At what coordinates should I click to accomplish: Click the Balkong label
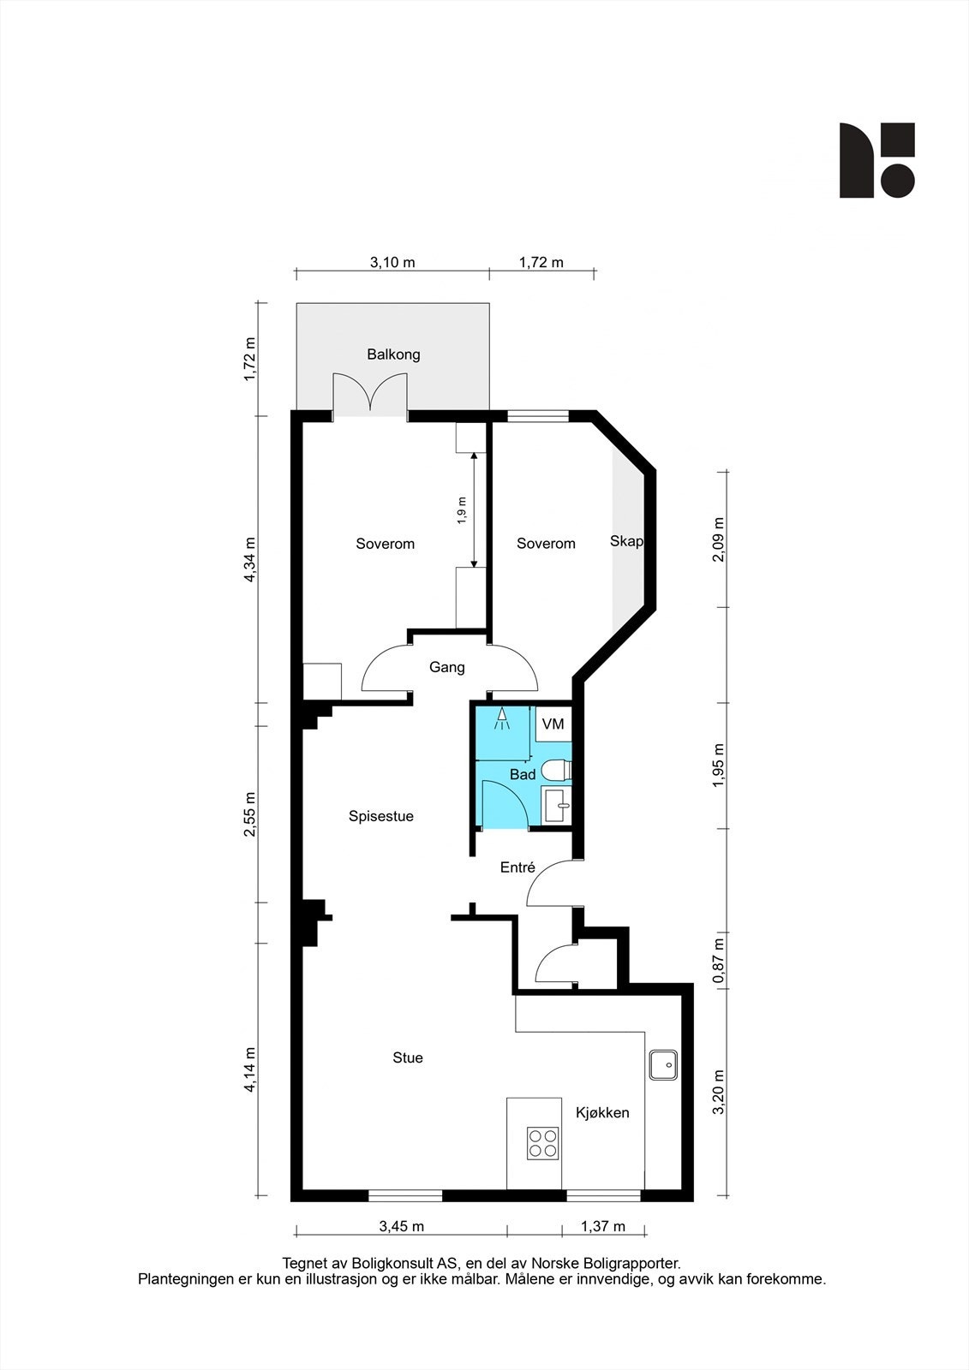coord(393,354)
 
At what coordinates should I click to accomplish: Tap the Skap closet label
coord(626,541)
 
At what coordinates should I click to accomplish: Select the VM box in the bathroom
coord(553,724)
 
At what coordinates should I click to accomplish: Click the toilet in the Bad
coord(556,770)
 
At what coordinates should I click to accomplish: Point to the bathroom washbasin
coord(557,806)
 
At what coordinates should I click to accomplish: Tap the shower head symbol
coord(502,718)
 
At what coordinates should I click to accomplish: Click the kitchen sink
coord(663,1065)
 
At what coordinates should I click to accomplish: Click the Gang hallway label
coord(447,667)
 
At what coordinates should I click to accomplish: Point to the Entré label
coord(517,867)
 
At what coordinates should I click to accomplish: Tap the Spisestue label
coord(381,816)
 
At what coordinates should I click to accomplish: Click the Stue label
coord(408,1057)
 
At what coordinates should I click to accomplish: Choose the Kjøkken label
coord(602,1112)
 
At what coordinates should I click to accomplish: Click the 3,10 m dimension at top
coord(392,262)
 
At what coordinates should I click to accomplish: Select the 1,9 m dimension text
coord(462,510)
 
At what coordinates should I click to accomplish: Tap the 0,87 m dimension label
coord(719,961)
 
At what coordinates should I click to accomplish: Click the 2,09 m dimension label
coord(719,539)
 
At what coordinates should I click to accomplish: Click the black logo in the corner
coord(877,160)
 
